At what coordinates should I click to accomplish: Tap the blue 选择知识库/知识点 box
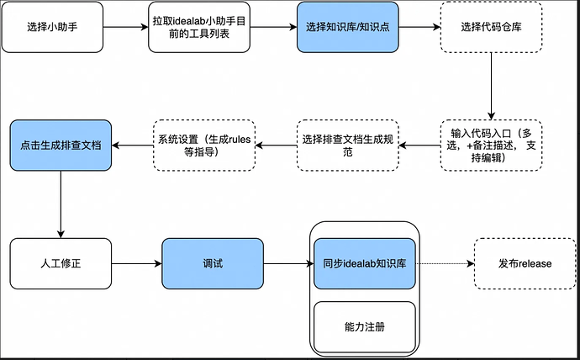coord(347,27)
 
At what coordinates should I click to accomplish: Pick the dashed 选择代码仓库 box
coord(491,27)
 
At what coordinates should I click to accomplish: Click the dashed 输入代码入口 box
coord(491,146)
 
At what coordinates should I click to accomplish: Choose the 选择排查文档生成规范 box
coord(347,146)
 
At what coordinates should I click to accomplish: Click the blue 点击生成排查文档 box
coord(61,146)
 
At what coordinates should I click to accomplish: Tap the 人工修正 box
coord(61,263)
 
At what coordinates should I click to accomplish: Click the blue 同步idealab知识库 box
coord(365,263)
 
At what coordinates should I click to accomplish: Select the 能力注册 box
coord(365,325)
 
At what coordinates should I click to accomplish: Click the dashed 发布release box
coord(524,263)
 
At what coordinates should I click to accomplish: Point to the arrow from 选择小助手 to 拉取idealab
coord(125,27)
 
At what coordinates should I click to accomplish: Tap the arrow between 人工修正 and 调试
coord(136,263)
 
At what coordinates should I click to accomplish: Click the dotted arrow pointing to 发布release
coord(445,263)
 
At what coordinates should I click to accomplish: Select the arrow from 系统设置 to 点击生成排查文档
coord(131,146)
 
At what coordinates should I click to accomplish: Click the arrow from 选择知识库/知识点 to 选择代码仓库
coord(419,27)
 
